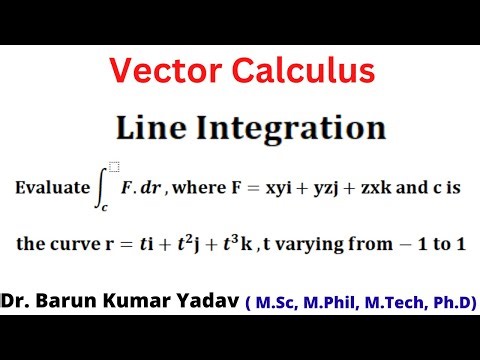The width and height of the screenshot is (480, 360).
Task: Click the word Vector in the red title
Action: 161,71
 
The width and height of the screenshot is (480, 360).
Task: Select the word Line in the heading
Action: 150,128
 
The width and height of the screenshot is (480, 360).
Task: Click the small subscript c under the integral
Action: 103,207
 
